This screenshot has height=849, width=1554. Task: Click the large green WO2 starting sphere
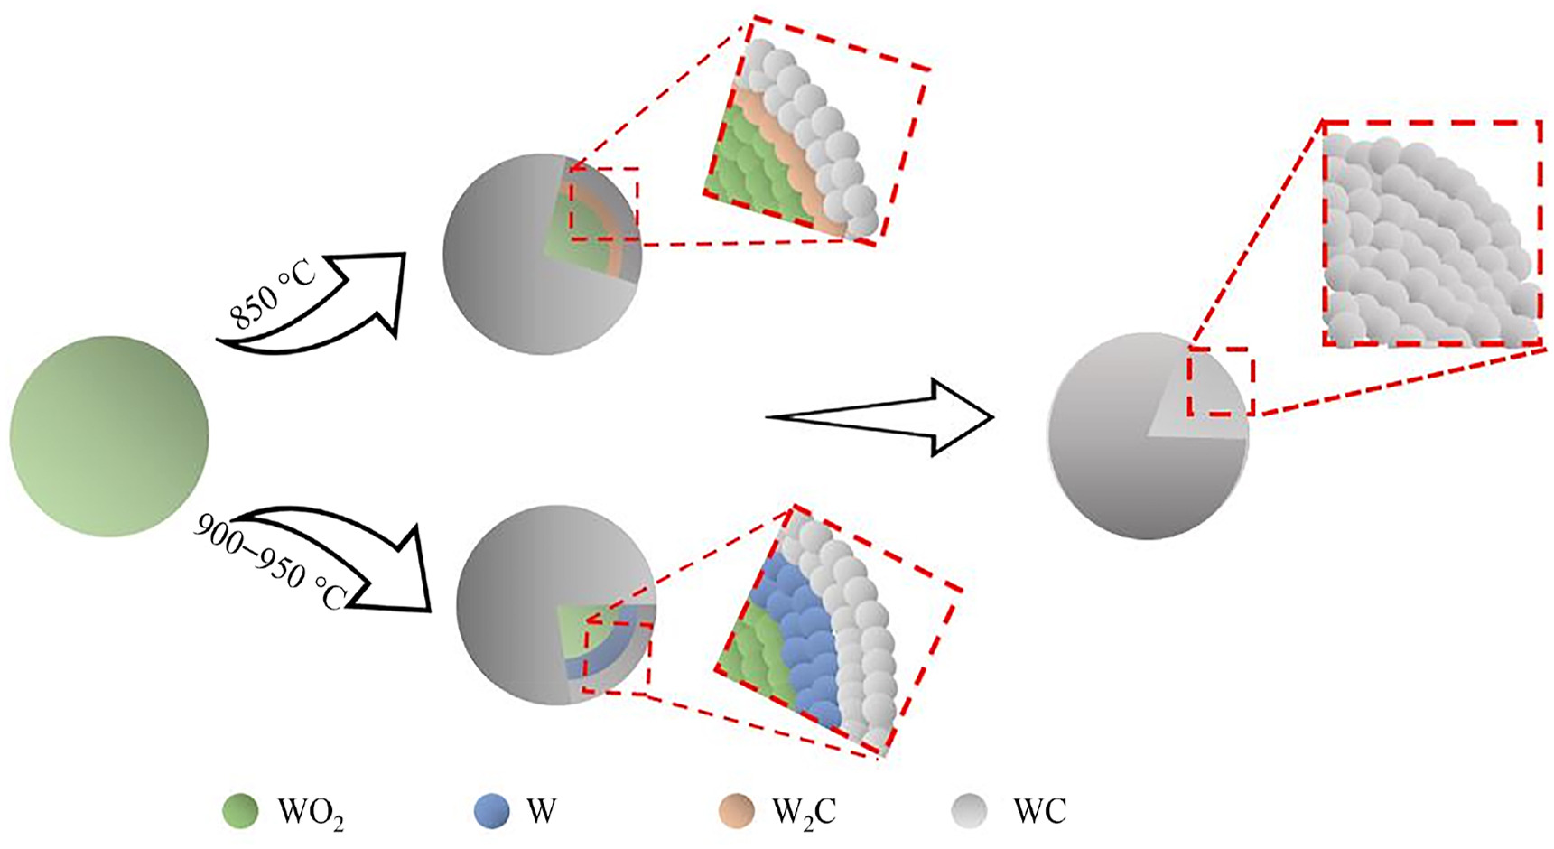pos(108,436)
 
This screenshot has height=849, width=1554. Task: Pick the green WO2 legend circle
pos(240,811)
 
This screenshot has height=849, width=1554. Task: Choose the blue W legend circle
pos(491,811)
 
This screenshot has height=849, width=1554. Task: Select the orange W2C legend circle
pos(737,811)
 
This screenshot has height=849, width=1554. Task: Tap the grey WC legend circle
pos(970,811)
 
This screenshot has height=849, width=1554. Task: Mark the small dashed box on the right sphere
pos(1220,381)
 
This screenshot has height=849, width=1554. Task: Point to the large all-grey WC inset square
pos(1432,233)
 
